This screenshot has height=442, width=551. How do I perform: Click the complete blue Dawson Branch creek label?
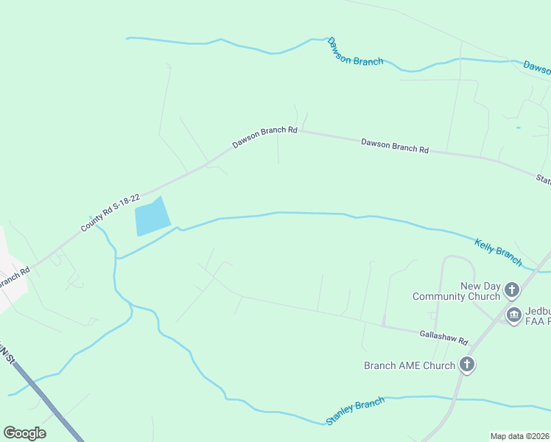point(355,52)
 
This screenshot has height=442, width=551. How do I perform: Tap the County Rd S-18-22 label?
point(110,214)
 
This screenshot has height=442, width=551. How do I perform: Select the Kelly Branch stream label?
point(498,252)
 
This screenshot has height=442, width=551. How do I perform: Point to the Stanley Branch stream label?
point(355,412)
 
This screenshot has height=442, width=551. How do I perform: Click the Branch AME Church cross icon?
point(466,364)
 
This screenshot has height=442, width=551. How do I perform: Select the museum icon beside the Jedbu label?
point(513,315)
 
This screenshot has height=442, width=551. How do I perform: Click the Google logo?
point(24,433)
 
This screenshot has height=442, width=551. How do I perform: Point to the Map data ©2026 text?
point(520,436)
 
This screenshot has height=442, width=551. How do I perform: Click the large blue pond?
point(152,218)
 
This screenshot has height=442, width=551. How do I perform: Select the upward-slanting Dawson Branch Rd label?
point(264,136)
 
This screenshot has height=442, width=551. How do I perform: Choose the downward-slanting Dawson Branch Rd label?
point(394,145)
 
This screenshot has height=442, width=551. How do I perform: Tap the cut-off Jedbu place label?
point(536,310)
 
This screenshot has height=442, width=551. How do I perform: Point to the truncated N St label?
point(6,350)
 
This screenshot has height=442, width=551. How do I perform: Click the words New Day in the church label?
point(480,286)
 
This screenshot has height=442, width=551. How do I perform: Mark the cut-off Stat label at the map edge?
point(543,179)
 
